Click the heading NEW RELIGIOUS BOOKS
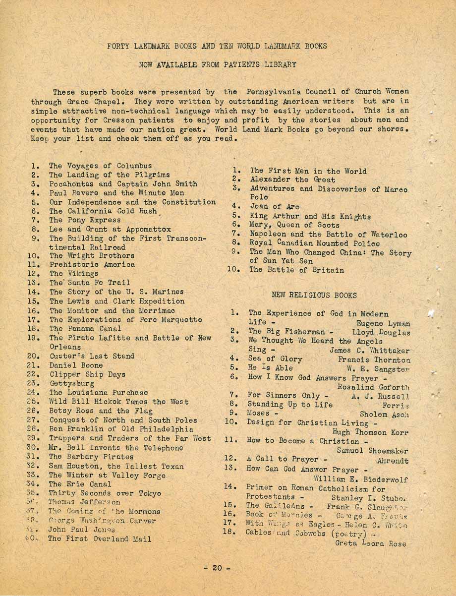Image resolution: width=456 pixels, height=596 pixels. [314, 295]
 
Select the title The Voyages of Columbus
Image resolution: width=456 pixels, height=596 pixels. [100, 166]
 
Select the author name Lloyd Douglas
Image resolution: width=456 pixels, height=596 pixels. [381, 332]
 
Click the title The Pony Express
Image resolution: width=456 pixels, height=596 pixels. [85, 220]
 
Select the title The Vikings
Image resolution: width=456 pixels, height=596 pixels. [73, 273]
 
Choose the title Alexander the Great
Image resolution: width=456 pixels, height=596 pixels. [292, 179]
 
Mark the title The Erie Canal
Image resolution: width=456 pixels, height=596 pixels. [80, 484]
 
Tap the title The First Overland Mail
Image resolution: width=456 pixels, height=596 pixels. [99, 538]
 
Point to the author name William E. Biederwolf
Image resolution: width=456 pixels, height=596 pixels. [361, 479]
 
